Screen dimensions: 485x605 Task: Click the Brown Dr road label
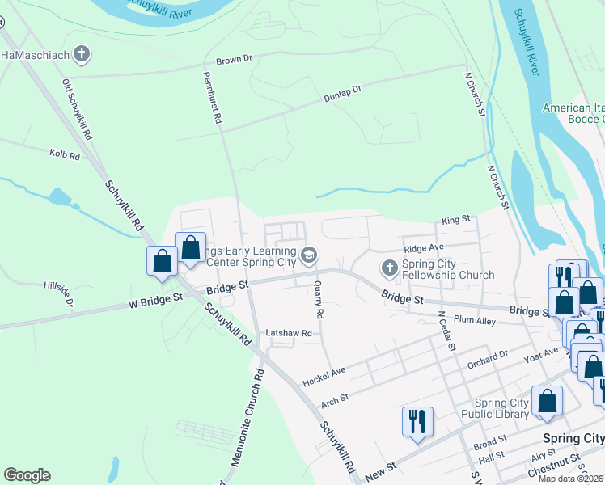(235, 60)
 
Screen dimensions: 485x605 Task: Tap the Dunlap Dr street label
(342, 94)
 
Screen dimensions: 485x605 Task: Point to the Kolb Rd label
(65, 154)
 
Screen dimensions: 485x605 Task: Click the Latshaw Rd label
(289, 333)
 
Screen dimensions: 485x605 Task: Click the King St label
(455, 221)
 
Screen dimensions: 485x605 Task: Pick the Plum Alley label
(474, 320)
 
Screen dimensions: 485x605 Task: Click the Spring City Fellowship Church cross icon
(388, 268)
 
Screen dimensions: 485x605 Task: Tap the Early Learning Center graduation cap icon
(308, 256)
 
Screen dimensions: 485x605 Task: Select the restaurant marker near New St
(417, 422)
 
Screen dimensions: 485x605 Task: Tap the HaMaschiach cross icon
(81, 55)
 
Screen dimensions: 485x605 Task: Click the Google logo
(27, 475)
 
